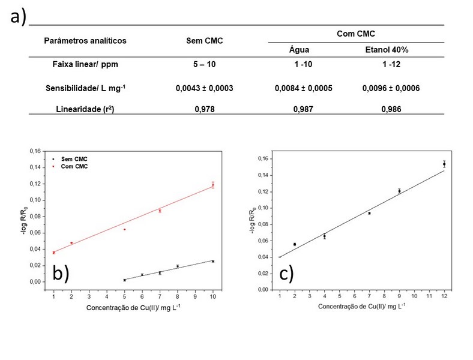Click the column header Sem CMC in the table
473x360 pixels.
point(204,41)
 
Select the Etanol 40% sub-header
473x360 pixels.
point(390,50)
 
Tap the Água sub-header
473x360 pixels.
point(298,50)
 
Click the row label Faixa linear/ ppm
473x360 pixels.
point(85,65)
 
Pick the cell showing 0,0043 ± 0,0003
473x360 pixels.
point(204,88)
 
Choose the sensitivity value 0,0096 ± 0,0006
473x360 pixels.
point(391,88)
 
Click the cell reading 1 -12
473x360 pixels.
point(391,65)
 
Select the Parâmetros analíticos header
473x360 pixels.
point(85,41)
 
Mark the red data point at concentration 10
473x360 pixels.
point(212,185)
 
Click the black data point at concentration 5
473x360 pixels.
point(124,280)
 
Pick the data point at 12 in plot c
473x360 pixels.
point(444,163)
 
